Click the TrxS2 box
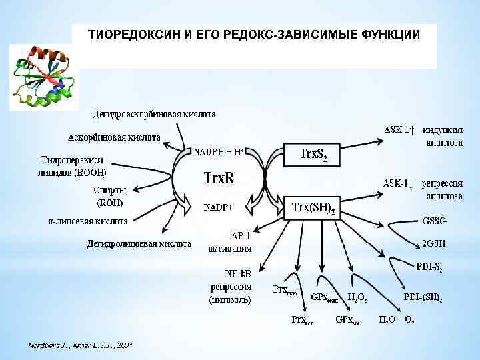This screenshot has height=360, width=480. (x=312, y=155)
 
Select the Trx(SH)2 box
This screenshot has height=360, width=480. (x=312, y=208)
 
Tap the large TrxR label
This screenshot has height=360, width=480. (x=218, y=179)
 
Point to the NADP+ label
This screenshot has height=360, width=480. (x=218, y=207)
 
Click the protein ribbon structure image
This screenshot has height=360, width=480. (x=43, y=77)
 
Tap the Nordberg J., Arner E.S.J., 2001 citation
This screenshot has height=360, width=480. (x=81, y=345)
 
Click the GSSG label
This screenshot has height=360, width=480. (x=435, y=221)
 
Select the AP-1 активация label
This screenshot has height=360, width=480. (x=230, y=242)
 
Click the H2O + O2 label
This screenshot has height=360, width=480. (x=397, y=321)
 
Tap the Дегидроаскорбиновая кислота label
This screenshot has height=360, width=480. (x=154, y=114)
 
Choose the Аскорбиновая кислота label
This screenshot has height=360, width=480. (x=114, y=138)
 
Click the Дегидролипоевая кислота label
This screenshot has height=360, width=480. (x=131, y=243)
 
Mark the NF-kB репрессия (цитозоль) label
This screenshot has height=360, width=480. (x=230, y=287)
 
